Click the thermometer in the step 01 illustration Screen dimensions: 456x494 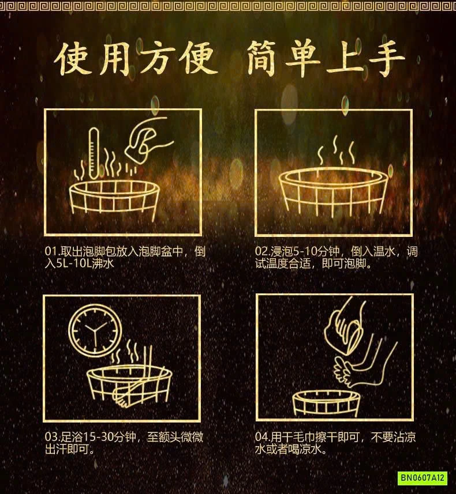tap(94, 153)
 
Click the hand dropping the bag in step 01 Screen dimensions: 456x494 tap(147, 138)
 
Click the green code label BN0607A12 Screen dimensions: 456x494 tap(423, 477)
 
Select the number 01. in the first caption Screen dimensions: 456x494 tap(52, 252)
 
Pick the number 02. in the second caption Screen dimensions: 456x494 tap(263, 252)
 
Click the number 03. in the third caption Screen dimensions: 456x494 tap(52, 438)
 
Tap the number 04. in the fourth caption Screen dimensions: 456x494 tap(263, 438)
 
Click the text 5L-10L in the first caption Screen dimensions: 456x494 tap(73, 263)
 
